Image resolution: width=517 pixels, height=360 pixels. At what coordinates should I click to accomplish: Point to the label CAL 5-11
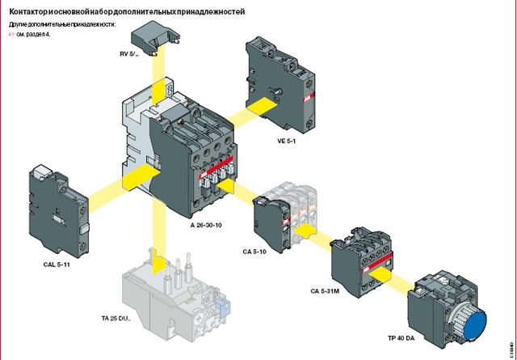pyautogui.click(x=59, y=264)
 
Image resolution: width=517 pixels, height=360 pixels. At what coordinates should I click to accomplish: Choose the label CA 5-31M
pyautogui.click(x=326, y=290)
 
